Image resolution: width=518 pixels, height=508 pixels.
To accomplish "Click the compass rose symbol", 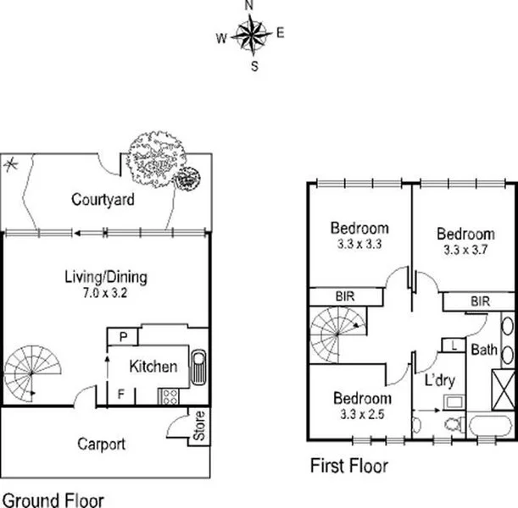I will pos(250,35).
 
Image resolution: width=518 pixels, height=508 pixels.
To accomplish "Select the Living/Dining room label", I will pos(106,277).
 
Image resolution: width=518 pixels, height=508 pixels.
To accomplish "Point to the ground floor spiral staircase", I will pos(30,373).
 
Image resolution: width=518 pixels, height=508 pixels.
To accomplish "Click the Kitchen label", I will pos(153,367).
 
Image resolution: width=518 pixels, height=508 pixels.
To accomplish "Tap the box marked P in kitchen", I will pos(123,337).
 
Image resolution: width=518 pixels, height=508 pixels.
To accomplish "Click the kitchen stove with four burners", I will pos(169,395).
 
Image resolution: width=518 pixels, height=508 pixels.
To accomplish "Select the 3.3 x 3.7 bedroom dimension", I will pos(465,250).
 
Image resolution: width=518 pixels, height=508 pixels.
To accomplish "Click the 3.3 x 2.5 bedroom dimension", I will pos(362,414).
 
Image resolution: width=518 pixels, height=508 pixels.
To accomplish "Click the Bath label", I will pos(484,349).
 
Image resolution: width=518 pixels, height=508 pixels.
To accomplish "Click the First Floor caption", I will pos(348,465).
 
